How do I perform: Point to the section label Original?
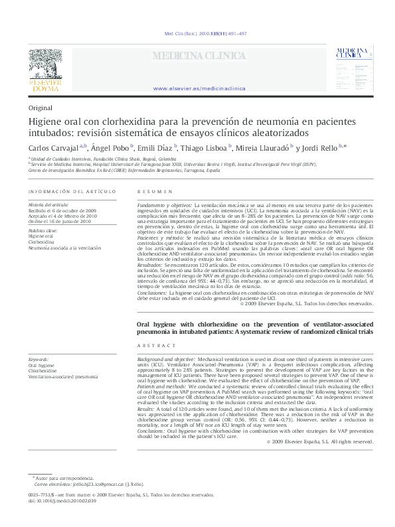click(40, 108)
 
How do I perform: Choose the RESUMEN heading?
click(150, 192)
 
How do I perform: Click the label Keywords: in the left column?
click(39, 358)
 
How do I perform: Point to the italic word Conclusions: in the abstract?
click(152, 430)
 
